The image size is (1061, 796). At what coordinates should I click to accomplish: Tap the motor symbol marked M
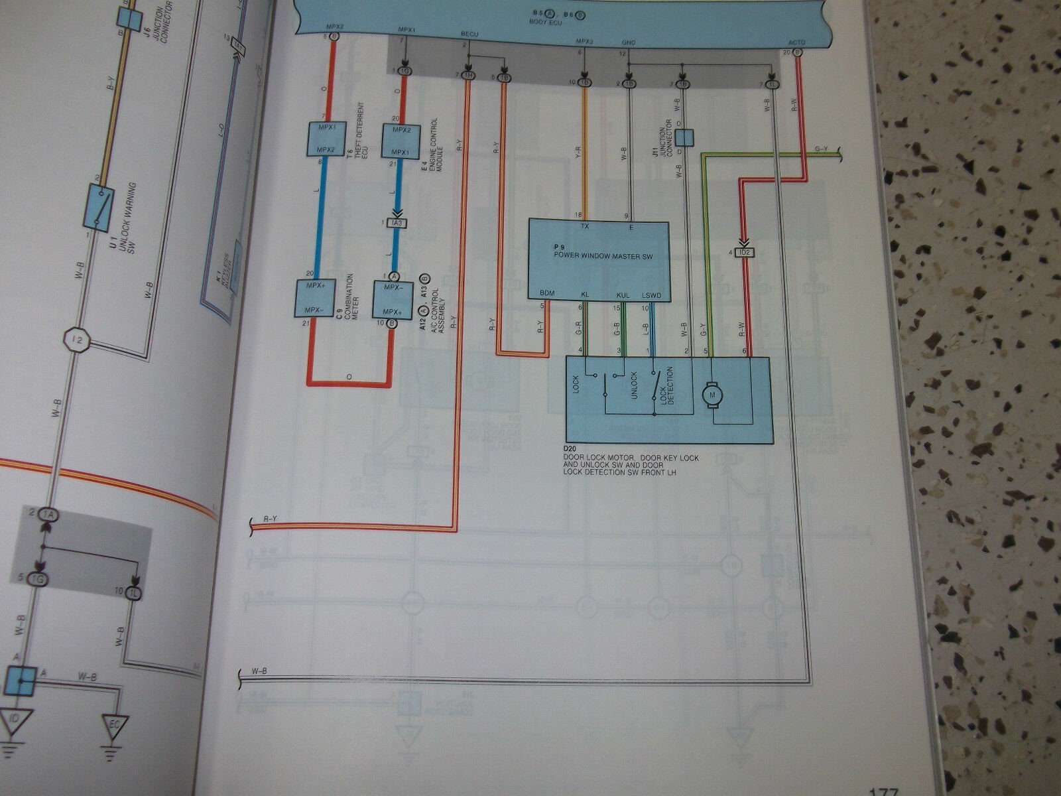click(714, 394)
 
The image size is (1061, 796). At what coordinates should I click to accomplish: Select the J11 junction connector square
click(684, 137)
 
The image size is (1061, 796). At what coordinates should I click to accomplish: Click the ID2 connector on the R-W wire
click(743, 252)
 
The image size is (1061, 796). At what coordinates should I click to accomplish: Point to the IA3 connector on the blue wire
click(397, 223)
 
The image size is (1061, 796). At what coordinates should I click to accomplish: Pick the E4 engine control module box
click(401, 140)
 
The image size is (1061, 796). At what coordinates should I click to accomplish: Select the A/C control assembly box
click(393, 300)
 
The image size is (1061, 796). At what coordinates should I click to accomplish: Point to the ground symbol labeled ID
click(13, 724)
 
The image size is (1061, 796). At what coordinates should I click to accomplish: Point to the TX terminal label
click(584, 226)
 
